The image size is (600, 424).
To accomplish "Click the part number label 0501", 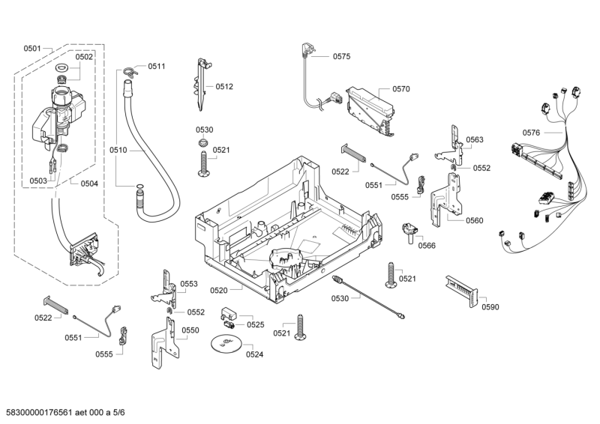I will tap(32, 49).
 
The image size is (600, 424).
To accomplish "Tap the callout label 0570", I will tap(400, 89).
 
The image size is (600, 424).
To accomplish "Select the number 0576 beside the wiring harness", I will tap(531, 133).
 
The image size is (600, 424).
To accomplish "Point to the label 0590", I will tap(490, 306).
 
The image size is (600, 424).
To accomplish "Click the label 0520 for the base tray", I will tap(219, 290).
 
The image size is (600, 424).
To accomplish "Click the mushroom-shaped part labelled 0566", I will tap(409, 230).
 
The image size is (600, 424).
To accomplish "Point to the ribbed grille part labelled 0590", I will tap(462, 288).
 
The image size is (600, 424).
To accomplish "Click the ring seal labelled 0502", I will tap(63, 70).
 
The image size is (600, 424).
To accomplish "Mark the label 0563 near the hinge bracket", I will tap(474, 140).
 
